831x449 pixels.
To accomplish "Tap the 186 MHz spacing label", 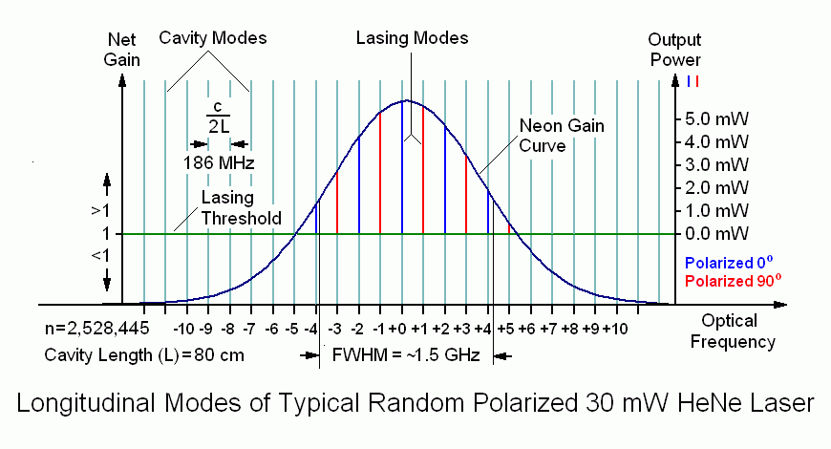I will pyautogui.click(x=219, y=162).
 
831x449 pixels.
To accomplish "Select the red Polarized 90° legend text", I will pyautogui.click(x=730, y=281).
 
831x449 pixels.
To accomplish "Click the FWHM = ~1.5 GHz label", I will pyautogui.click(x=407, y=355).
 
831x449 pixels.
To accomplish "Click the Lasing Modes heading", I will pyautogui.click(x=412, y=38).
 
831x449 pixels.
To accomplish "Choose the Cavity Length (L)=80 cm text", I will pyautogui.click(x=144, y=355).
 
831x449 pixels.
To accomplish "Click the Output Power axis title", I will pyautogui.click(x=674, y=50).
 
